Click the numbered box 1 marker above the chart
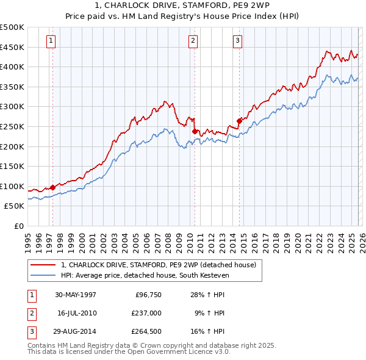pyautogui.click(x=50, y=41)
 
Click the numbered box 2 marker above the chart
pyautogui.click(x=193, y=41)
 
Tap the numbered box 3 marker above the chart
pyautogui.click(x=237, y=41)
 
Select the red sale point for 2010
pyautogui.click(x=195, y=131)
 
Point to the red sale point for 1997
pyautogui.click(x=52, y=187)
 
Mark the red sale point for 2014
pyautogui.click(x=239, y=121)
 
